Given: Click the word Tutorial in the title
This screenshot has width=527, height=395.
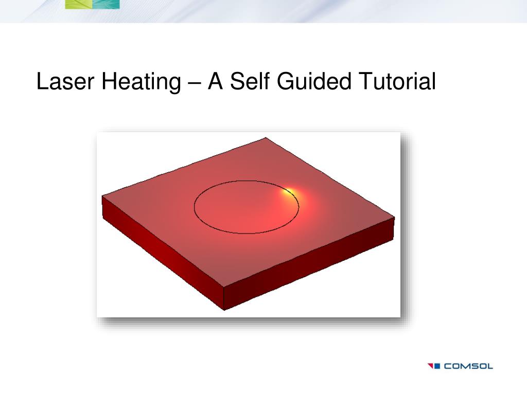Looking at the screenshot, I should pos(397,82).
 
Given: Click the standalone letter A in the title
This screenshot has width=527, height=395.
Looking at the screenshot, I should pos(215,82).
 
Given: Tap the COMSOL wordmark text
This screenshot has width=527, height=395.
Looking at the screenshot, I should pos(468,366).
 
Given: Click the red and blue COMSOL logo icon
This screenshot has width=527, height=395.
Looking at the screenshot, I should pos(434,366).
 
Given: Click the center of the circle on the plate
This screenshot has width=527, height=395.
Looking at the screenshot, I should pos(247,207).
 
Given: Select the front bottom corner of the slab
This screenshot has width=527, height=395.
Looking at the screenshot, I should pos(225,310).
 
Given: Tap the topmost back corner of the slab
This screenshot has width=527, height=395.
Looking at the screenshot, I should pos(266,137).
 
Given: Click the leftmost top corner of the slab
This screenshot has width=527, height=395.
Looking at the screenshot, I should pos(102,196).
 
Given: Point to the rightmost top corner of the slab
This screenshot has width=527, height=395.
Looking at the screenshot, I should pos(395,217).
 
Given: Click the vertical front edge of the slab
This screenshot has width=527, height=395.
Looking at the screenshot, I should pos(225,299).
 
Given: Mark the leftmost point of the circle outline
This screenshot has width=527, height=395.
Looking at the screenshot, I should pos(194,207).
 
